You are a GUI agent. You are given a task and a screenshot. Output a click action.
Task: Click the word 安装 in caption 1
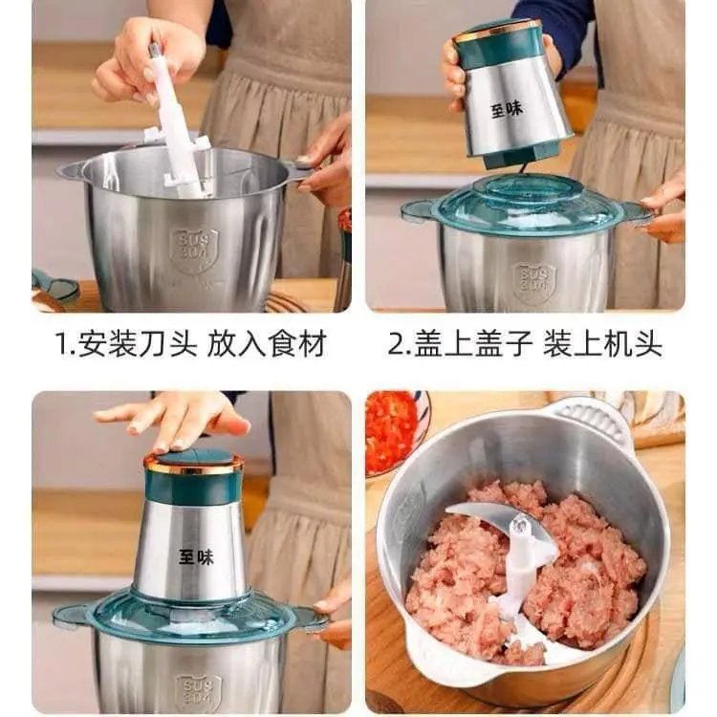coord(107,344)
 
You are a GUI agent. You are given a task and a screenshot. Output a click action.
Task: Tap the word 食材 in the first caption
coord(296,344)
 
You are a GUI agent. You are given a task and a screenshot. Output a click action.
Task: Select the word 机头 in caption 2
coord(632,344)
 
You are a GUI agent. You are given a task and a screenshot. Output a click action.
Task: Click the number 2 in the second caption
coord(396,345)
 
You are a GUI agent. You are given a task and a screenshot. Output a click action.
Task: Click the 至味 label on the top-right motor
coord(507,109)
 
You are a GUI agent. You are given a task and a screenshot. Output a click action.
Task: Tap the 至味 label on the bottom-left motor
coord(196,557)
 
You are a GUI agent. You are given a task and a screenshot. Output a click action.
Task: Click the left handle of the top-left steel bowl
coord(72,172)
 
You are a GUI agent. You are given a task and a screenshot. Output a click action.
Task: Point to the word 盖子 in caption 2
coord(504,344)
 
